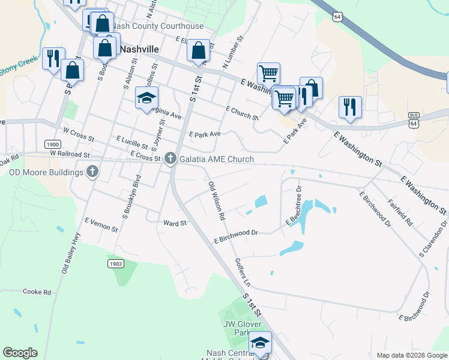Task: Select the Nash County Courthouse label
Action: click(158, 26)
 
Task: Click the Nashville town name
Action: click(139, 49)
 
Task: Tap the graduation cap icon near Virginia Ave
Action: click(146, 98)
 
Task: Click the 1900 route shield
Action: click(53, 144)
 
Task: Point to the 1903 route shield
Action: click(116, 264)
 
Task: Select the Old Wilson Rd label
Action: click(216, 200)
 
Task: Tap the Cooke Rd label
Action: click(37, 292)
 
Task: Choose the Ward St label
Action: click(175, 223)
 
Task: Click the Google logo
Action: click(20, 353)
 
